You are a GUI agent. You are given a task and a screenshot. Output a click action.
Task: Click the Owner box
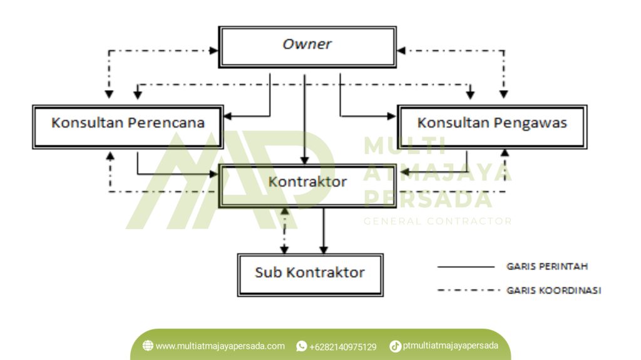click(x=307, y=46)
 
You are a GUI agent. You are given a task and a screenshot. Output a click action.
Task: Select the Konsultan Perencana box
click(x=128, y=126)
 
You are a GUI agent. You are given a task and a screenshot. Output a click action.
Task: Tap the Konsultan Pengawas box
click(x=492, y=126)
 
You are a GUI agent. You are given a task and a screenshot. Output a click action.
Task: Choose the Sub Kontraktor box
click(x=309, y=274)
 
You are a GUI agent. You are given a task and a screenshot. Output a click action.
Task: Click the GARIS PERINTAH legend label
click(x=546, y=267)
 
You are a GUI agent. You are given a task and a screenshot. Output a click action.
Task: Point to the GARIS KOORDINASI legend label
click(x=553, y=291)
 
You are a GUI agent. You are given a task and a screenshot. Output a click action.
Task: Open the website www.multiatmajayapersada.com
click(x=220, y=346)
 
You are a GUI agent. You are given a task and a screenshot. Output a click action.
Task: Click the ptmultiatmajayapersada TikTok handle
click(x=450, y=346)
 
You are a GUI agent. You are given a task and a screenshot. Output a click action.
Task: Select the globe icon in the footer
click(x=148, y=346)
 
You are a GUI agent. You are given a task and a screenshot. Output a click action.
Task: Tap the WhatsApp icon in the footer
click(x=301, y=346)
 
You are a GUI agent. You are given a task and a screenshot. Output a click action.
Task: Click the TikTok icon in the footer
click(x=395, y=346)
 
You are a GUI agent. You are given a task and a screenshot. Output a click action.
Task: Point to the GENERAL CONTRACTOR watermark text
click(x=438, y=221)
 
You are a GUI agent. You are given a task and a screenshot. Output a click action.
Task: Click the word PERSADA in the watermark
click(x=428, y=198)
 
